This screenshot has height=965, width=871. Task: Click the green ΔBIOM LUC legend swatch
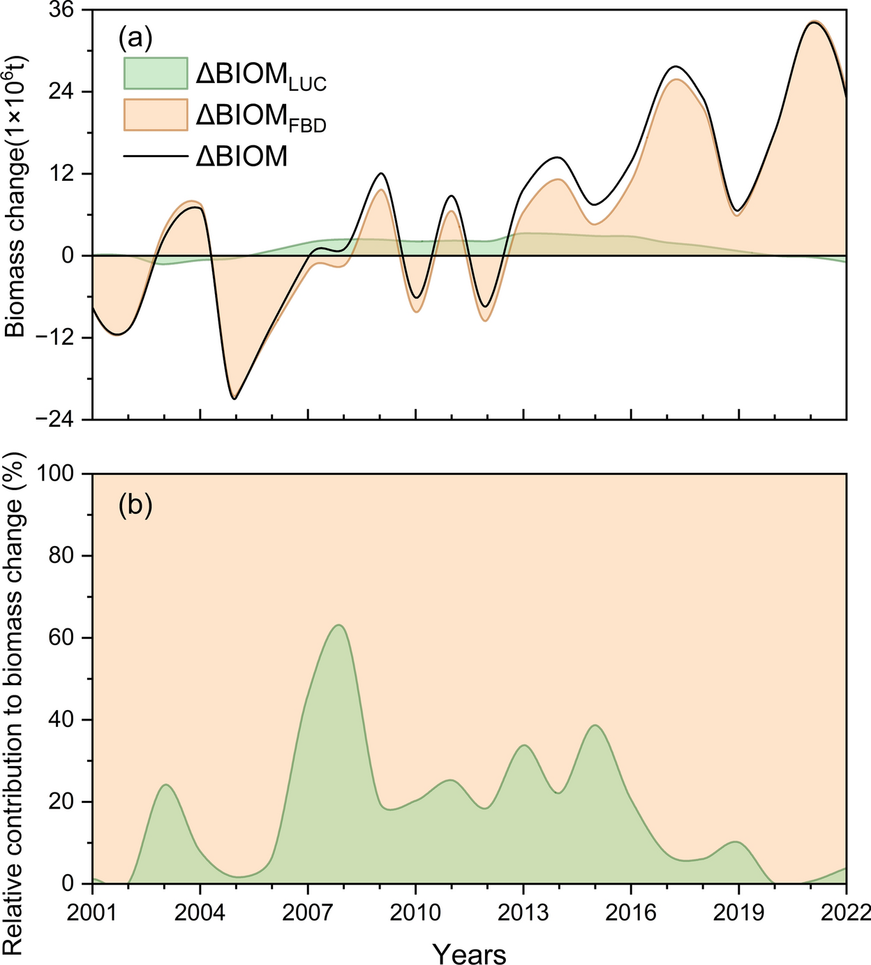[156, 73]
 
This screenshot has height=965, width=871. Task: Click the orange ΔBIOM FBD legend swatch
[156, 115]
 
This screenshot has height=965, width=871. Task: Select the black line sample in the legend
[156, 156]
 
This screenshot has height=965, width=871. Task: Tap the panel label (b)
[135, 505]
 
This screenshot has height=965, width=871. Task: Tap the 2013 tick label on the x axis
[523, 912]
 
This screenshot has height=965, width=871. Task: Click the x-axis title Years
[469, 952]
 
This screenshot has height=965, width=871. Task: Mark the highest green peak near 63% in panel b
[338, 625]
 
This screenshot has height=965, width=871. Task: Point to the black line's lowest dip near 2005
[234, 399]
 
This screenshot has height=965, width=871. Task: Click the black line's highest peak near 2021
[812, 22]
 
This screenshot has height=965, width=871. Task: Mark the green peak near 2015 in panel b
[595, 725]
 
